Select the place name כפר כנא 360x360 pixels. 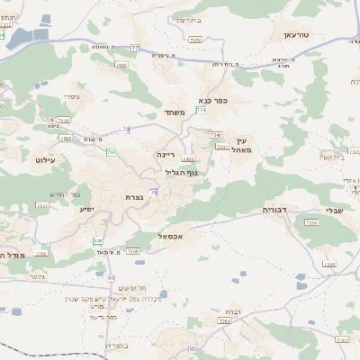point(220,101)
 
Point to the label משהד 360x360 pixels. point(175,112)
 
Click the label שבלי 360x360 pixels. point(334,210)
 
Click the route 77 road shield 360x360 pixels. point(135,46)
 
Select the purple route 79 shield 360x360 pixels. point(126,130)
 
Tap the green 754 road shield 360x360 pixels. point(202,109)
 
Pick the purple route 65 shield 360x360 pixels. point(192,348)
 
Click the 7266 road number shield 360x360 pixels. point(133,251)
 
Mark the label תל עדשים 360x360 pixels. point(128,286)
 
